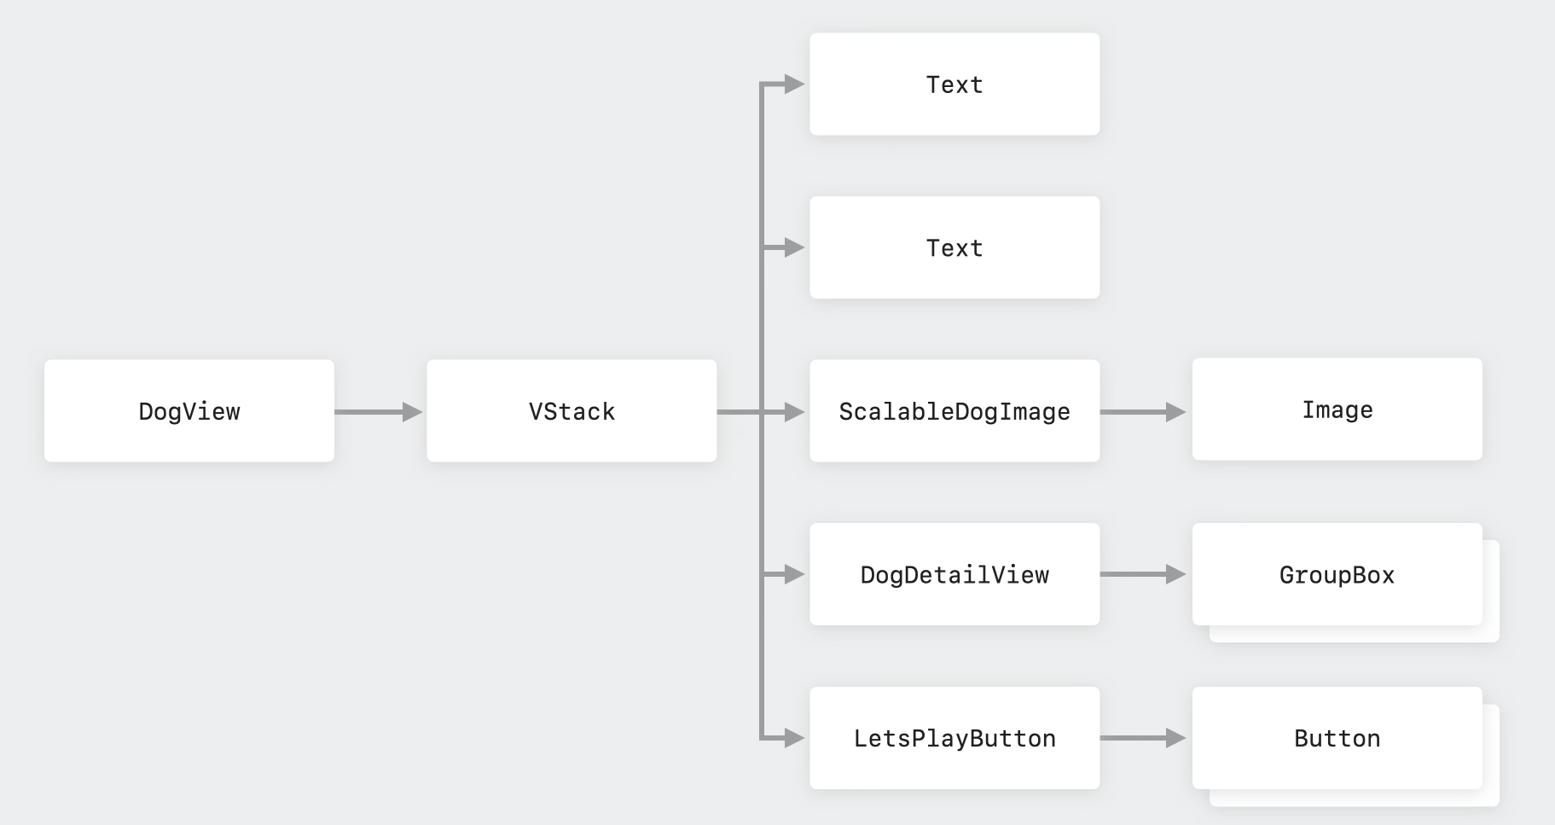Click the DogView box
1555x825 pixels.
pyautogui.click(x=189, y=411)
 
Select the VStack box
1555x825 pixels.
pyautogui.click(x=572, y=411)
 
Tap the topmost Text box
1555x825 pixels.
pyautogui.click(x=954, y=84)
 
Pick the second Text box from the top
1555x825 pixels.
pyautogui.click(x=954, y=247)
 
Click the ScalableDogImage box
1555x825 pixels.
pyautogui.click(x=954, y=411)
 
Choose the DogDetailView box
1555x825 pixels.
pyautogui.click(x=954, y=574)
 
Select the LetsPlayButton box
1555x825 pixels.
pyautogui.click(x=954, y=738)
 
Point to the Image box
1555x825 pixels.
pyautogui.click(x=1337, y=410)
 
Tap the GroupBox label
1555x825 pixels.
pyautogui.click(x=1337, y=575)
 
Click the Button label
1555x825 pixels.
pyautogui.click(x=1337, y=739)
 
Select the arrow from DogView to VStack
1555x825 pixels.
pyautogui.click(x=379, y=412)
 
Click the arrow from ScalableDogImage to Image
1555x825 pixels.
pyautogui.click(x=1143, y=412)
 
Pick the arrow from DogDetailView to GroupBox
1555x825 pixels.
pyautogui.click(x=1143, y=574)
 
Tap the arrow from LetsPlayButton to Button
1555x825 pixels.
pyautogui.click(x=1143, y=738)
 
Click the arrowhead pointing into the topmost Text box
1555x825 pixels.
pyautogui.click(x=795, y=84)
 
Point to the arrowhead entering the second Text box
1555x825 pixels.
pyautogui.click(x=795, y=247)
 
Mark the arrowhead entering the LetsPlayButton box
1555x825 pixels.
pyautogui.click(x=795, y=738)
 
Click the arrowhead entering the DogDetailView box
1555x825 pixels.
pyautogui.click(x=795, y=575)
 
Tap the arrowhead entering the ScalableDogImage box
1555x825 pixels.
pyautogui.click(x=795, y=412)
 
